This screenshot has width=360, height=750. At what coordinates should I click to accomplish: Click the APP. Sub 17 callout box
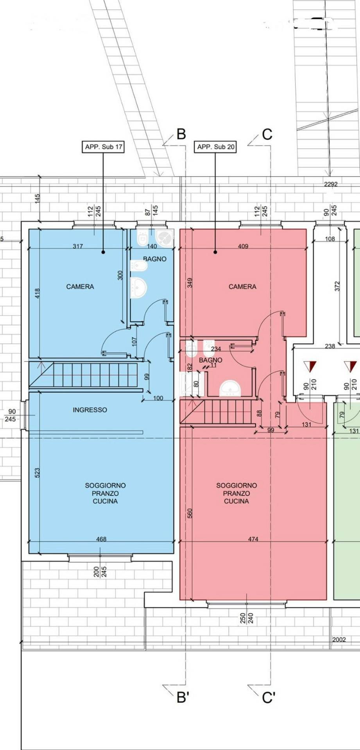point(103,147)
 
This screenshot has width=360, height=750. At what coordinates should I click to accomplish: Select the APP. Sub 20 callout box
point(215,147)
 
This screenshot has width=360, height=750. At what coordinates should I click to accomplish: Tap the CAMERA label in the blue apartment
point(80,287)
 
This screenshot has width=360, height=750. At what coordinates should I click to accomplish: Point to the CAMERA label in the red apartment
point(242,287)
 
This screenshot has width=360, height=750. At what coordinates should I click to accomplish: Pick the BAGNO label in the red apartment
point(211,360)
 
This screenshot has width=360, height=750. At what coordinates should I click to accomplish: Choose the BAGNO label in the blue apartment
point(155,259)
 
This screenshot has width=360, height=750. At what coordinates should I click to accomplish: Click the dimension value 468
point(101,539)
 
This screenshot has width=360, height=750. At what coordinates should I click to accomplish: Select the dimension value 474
point(253,539)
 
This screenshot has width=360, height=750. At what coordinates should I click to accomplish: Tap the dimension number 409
point(243,246)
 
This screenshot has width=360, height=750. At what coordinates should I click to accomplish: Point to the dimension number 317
point(78,246)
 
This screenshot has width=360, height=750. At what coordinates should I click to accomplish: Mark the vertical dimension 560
point(190,513)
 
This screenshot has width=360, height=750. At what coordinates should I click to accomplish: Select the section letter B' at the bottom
point(183,697)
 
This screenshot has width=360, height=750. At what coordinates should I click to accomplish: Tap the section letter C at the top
point(267,134)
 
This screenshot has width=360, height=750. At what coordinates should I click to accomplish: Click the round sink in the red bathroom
point(231,389)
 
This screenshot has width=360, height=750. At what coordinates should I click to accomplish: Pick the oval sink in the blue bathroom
point(138,287)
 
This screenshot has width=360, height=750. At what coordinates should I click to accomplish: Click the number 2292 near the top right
point(331,184)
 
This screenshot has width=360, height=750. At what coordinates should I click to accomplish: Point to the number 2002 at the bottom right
point(339,639)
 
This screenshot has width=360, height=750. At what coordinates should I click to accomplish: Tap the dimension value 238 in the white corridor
point(330,346)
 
